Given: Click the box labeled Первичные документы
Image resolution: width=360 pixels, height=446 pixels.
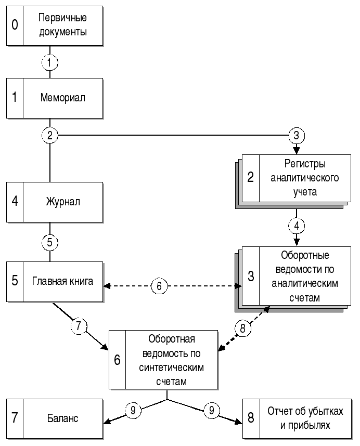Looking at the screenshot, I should click(x=62, y=24).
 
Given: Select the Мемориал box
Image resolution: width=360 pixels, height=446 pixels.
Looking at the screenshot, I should click(x=62, y=97).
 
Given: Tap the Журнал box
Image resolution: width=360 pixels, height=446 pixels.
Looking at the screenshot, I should click(x=62, y=201).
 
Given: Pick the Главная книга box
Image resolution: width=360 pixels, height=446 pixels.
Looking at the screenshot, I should click(x=62, y=282).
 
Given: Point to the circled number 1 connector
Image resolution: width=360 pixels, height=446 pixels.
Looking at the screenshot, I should click(x=49, y=62).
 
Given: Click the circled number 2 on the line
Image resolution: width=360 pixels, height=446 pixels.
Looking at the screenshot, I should click(x=49, y=136).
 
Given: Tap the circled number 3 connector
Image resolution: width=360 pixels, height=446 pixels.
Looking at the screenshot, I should click(x=297, y=136).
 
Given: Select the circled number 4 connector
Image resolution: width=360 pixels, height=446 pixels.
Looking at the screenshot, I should click(x=297, y=226).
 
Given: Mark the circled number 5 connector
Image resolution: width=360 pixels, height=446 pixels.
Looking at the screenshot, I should click(x=49, y=242).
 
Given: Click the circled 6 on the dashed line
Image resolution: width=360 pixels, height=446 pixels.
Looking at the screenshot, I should click(x=160, y=286).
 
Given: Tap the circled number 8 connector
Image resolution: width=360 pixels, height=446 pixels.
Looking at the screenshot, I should click(x=242, y=328).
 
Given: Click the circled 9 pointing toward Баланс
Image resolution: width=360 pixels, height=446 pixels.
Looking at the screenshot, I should click(x=133, y=411).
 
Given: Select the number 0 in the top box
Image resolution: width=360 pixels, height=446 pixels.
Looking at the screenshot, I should click(x=15, y=24).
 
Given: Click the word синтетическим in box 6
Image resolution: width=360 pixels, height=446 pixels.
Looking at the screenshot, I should click(x=171, y=367).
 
